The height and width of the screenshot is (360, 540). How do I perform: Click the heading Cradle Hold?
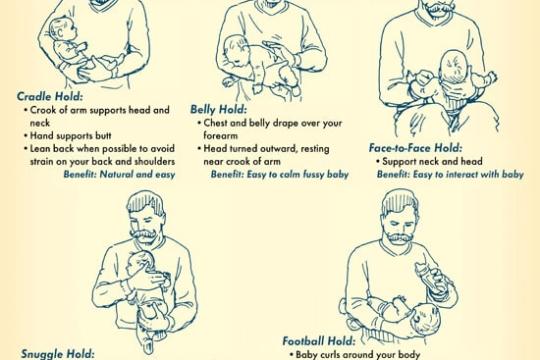tap(50, 96)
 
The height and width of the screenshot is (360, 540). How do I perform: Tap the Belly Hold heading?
tap(219, 110)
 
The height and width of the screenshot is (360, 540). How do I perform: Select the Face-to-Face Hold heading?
tap(415, 148)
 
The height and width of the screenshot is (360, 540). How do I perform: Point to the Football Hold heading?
tap(319, 341)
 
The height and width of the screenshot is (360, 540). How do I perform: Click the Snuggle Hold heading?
tap(58, 354)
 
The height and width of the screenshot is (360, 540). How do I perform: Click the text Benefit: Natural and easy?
tap(119, 174)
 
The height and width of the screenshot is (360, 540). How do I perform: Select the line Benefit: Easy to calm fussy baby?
tap(280, 174)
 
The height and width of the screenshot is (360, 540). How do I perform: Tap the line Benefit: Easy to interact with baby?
tap(450, 174)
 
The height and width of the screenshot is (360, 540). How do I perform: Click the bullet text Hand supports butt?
tap(71, 136)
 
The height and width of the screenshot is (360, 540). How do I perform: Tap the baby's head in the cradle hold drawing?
tap(63, 30)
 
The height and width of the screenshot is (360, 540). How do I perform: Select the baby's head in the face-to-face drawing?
tap(454, 66)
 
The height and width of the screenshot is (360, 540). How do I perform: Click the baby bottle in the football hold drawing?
tap(428, 278)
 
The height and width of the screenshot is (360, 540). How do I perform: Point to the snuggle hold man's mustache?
tap(144, 234)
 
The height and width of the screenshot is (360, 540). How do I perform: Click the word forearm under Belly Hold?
tap(220, 135)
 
